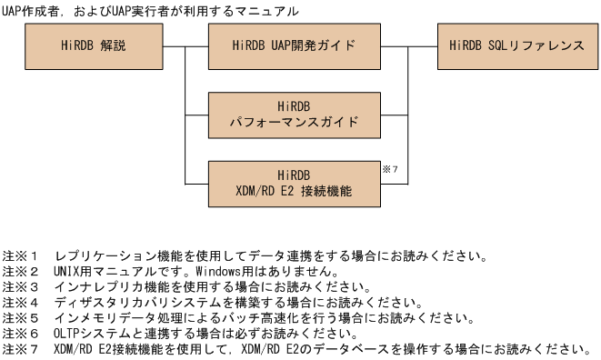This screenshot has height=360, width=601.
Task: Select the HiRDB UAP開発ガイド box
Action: [x=294, y=45]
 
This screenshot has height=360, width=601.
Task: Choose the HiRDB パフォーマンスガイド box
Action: [x=294, y=114]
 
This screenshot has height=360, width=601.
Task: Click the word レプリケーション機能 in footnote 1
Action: [x=115, y=255]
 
